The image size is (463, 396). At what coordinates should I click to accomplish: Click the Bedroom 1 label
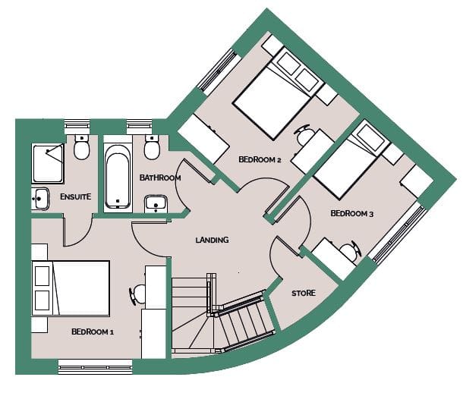[x=93, y=332]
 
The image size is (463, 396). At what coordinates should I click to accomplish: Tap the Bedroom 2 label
[x=260, y=159]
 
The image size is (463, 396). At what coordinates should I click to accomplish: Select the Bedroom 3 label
[x=351, y=213]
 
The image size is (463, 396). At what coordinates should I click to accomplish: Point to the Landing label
[x=212, y=240]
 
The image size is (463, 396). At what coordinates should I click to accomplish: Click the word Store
[x=304, y=293]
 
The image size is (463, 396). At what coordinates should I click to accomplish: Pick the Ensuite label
[x=76, y=196]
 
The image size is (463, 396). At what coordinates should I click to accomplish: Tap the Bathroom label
[x=160, y=178]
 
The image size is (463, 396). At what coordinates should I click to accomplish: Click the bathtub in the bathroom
[x=118, y=176]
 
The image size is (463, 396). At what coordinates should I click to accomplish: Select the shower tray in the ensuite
[x=48, y=163]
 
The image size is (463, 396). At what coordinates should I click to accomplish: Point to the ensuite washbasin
[x=40, y=199]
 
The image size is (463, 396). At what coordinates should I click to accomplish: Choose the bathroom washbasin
[x=156, y=203]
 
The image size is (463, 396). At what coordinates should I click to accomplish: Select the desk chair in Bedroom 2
[x=304, y=134]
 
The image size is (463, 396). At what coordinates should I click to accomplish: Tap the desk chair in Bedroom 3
[x=351, y=251]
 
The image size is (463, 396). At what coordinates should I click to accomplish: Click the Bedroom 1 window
[x=95, y=366]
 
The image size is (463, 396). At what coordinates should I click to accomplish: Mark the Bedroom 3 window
[x=398, y=234]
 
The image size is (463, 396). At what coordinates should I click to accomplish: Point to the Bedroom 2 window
[x=219, y=71]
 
